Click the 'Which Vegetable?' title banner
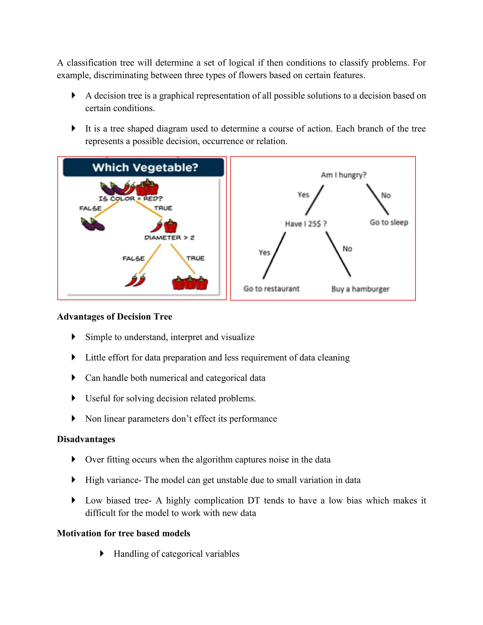click(144, 167)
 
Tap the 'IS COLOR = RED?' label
click(130, 199)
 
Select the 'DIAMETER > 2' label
click(169, 238)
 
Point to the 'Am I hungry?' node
click(343, 175)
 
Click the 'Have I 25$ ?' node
click(306, 224)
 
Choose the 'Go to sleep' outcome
click(389, 222)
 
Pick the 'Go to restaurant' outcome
click(271, 288)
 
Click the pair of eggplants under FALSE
click(93, 224)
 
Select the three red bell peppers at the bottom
click(190, 283)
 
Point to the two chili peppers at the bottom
click(135, 280)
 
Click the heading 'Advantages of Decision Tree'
click(114, 317)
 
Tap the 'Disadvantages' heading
click(86, 439)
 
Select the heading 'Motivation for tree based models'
click(123, 533)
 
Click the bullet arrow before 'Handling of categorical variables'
click(102, 554)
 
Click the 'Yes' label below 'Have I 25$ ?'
click(264, 252)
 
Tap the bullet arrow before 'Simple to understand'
click(74, 337)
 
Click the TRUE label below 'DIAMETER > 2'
click(196, 258)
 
